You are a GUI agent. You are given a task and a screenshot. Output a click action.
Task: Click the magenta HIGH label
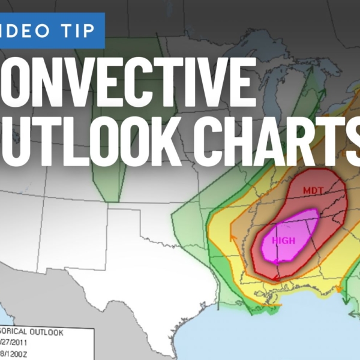point(284,240)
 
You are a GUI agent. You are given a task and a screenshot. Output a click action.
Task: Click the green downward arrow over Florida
point(353,312)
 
